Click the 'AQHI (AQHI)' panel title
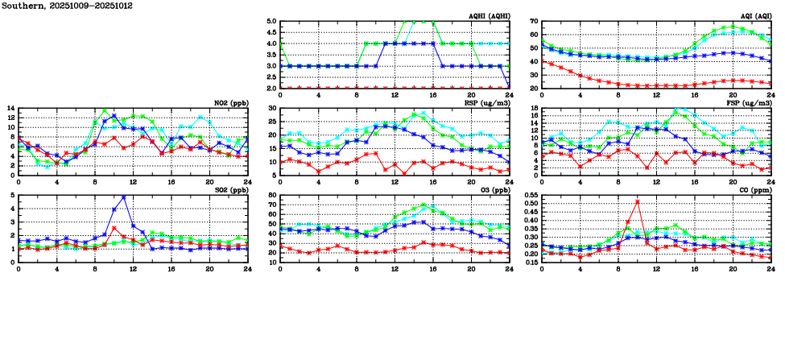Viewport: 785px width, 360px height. tap(489, 16)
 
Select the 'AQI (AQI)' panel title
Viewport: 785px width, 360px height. tap(755, 16)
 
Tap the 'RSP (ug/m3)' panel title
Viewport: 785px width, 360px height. tap(488, 103)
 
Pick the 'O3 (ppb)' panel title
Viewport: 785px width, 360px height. tap(493, 190)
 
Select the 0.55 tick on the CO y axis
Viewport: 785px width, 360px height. tap(530, 196)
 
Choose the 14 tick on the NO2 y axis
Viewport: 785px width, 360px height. tap(10, 109)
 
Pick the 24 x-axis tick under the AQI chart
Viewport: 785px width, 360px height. tap(771, 94)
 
